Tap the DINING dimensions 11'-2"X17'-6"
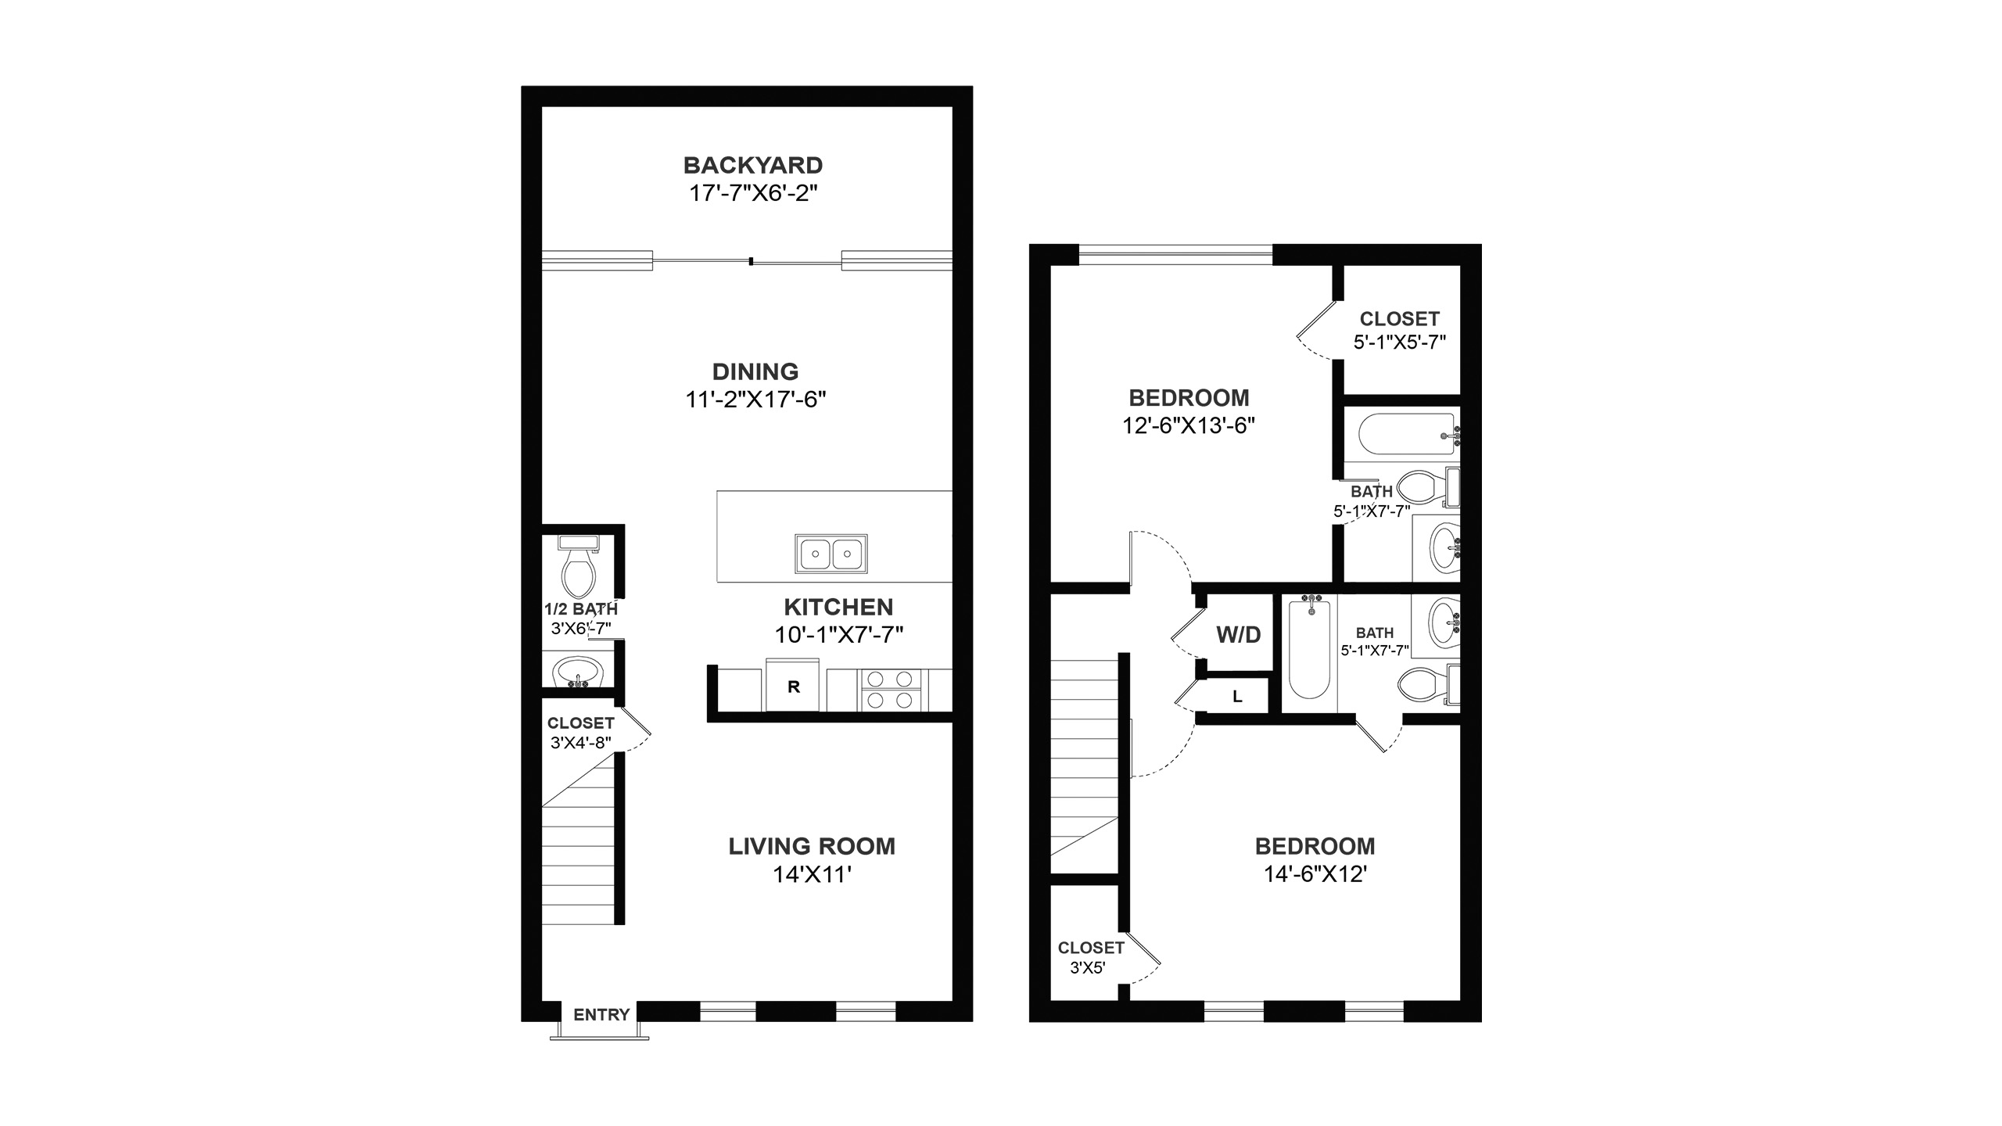point(755,400)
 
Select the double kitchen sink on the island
point(831,554)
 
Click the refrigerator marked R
point(793,686)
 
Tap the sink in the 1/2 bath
point(578,672)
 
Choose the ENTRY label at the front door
point(601,1015)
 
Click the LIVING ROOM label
point(812,846)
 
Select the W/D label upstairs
point(1239,635)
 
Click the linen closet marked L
point(1237,697)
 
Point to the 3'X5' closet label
point(1088,968)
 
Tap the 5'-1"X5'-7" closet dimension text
point(1400,342)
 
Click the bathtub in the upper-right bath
point(1408,435)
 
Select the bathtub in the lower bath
point(1309,647)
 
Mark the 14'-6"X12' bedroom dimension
point(1315,873)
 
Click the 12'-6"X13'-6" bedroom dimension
point(1189,425)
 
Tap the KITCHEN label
point(838,607)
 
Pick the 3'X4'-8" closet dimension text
point(580,742)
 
